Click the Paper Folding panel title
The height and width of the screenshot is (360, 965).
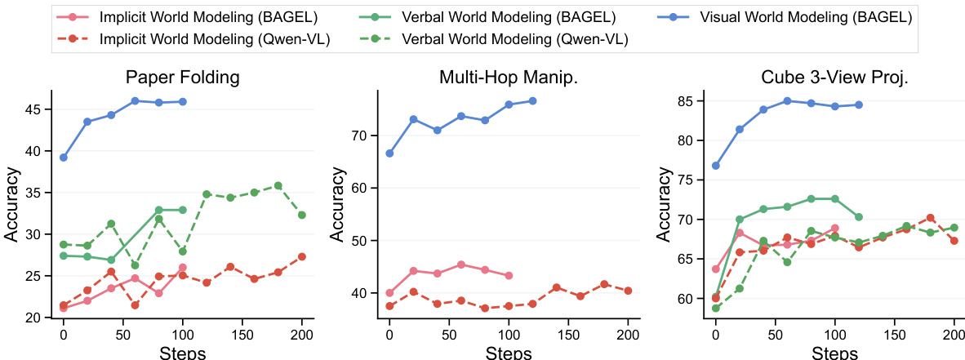point(182,78)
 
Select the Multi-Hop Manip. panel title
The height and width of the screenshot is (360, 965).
point(509,78)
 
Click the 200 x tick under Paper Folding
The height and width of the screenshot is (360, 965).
point(302,335)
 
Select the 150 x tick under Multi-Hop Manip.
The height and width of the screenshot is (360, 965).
point(569,335)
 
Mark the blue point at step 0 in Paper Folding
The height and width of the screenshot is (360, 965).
point(63,158)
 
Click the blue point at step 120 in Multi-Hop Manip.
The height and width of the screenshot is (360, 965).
point(532,100)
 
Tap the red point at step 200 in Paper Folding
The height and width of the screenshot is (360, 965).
point(302,256)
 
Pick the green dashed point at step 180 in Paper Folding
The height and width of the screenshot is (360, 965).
point(278,185)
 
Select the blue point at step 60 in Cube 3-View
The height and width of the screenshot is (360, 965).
point(787,100)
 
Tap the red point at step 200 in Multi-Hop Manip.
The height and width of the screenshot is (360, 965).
point(629,291)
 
